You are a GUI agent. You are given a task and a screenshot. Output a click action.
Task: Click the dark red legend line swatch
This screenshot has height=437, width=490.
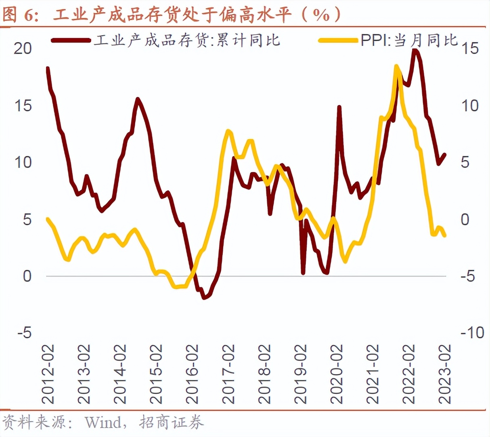click(x=71, y=40)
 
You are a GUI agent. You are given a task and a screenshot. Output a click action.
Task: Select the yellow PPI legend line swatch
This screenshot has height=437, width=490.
click(x=338, y=40)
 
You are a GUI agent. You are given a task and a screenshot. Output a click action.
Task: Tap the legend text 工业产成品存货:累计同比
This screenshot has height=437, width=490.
click(x=187, y=40)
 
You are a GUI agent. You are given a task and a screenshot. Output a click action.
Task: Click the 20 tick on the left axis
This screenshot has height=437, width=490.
click(x=23, y=48)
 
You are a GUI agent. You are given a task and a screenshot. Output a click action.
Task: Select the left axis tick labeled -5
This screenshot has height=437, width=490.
click(x=24, y=333)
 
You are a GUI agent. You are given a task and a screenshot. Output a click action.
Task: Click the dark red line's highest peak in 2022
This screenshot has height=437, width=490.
click(x=415, y=50)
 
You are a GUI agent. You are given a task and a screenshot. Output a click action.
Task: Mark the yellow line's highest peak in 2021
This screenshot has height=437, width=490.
click(x=396, y=66)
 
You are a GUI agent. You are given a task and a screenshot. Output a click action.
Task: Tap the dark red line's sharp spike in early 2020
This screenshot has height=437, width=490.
click(x=339, y=107)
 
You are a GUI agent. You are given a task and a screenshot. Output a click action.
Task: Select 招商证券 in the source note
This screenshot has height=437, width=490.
click(x=172, y=422)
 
